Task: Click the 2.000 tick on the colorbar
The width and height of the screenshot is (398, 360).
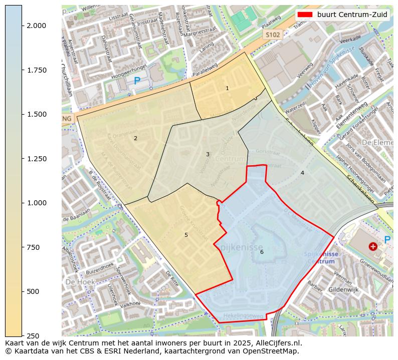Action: tap(23, 26)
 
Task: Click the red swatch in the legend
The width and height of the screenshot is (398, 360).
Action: tap(304, 15)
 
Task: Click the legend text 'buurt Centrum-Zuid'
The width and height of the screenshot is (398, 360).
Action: tap(352, 15)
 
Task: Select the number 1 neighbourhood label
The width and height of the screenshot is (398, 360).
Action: tap(227, 88)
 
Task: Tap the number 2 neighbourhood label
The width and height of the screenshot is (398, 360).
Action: tap(135, 138)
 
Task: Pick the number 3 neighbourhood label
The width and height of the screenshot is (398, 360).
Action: tap(208, 154)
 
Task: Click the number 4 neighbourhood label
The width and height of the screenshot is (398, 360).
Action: tap(302, 173)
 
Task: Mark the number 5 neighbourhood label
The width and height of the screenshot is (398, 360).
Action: tap(186, 235)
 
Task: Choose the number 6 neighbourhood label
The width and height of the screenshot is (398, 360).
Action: tap(262, 252)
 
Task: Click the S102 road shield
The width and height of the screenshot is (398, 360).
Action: tap(273, 35)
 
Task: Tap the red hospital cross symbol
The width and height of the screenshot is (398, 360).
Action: tap(373, 246)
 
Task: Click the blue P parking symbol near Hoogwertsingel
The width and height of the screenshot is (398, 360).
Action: tap(137, 81)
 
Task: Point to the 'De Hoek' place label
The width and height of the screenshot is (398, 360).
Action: tap(77, 281)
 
